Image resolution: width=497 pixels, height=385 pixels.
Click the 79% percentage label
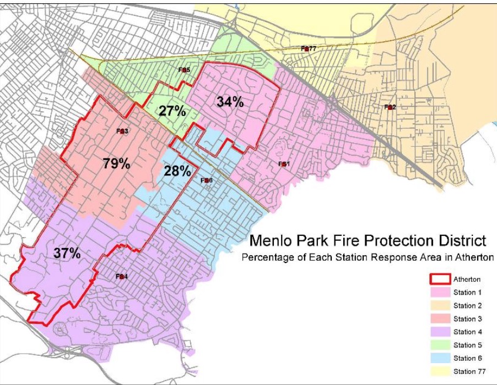coord(116,163)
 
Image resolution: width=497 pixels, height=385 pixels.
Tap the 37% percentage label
coord(67,254)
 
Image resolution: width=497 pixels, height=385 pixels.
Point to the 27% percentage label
coord(172,111)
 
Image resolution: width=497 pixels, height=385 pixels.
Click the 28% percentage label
coord(177,170)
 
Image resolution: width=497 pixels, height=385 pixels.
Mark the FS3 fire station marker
coord(122,131)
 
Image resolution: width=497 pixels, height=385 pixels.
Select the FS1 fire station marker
coord(283,164)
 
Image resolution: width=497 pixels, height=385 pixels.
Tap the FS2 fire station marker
coord(390,107)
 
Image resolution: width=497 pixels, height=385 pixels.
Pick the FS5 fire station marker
coord(184,70)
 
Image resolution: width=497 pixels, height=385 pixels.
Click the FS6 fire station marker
coord(206,180)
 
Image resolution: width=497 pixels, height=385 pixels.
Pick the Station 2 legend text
coord(468,306)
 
